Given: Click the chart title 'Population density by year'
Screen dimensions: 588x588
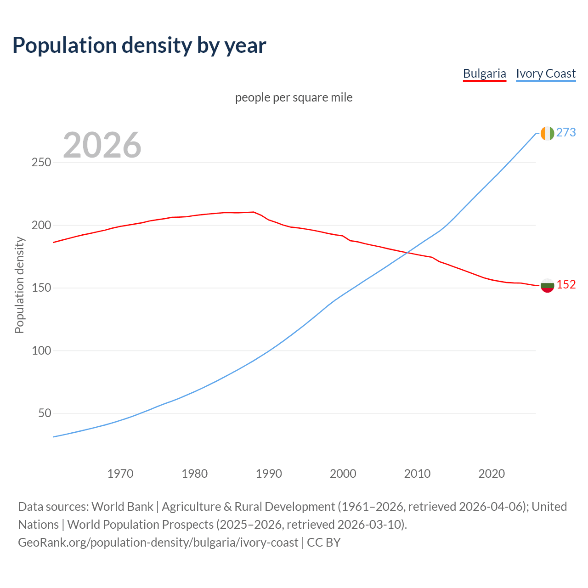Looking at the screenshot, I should click(x=139, y=45).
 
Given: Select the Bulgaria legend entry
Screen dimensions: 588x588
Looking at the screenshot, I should click(x=484, y=73).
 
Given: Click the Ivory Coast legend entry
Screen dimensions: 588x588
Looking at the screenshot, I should click(x=546, y=73).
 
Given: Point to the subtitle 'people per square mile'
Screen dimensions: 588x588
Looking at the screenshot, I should click(x=294, y=97).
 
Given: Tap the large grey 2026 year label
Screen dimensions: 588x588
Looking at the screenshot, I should click(x=102, y=145).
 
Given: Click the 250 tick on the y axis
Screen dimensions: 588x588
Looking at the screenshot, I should click(x=41, y=163).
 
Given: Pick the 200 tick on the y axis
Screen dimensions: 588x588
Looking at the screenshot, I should click(x=41, y=225).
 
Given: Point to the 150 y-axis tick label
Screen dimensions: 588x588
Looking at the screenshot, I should click(x=41, y=288).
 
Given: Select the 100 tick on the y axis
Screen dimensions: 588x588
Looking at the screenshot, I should click(x=41, y=351).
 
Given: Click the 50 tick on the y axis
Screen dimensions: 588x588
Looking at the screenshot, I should click(x=44, y=413).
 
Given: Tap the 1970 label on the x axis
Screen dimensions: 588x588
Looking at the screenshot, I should click(x=120, y=474).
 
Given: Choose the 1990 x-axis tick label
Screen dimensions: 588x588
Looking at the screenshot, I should click(x=269, y=474).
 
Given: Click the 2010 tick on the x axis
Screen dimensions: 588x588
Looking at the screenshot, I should click(x=417, y=474).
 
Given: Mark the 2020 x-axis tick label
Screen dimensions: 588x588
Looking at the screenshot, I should click(x=492, y=474).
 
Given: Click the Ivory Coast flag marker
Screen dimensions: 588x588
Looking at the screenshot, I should click(x=547, y=133).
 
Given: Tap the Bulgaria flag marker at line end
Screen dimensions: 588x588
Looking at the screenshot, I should click(x=547, y=285).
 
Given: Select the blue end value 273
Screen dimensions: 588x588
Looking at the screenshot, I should click(x=566, y=132).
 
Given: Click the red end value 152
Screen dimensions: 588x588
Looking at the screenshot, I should click(x=566, y=285).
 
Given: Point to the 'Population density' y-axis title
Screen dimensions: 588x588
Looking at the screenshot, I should click(x=19, y=285).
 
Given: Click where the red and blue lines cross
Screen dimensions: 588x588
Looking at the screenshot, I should click(x=407, y=252).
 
